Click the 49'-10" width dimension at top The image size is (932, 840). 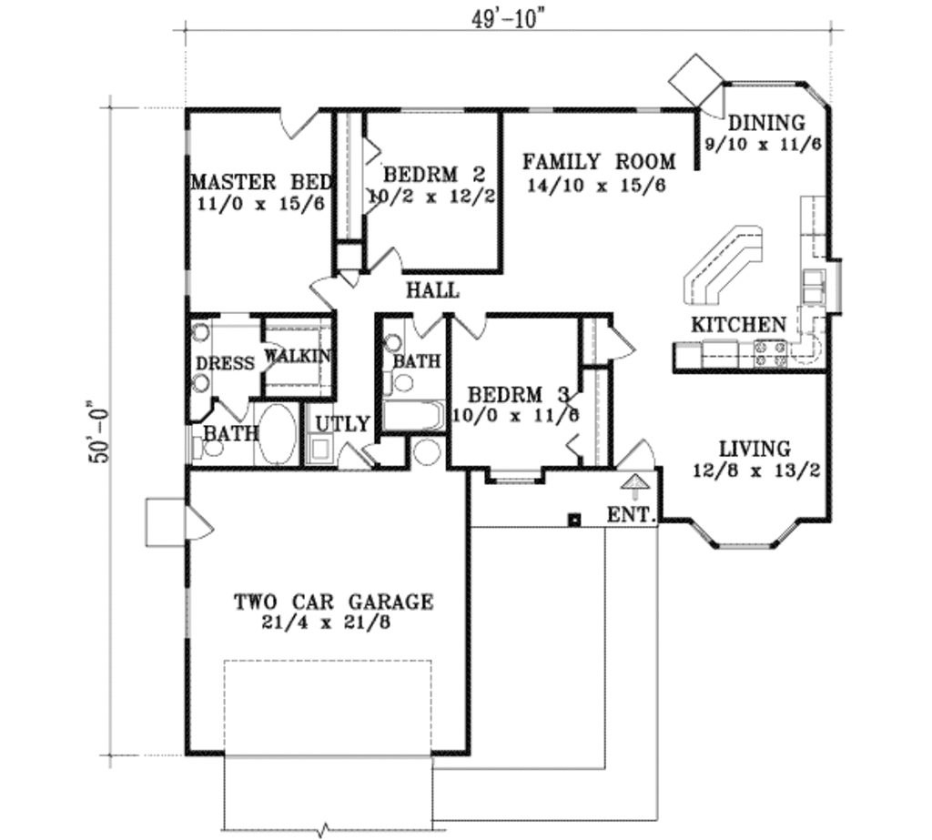(x=508, y=19)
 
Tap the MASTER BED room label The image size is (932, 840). (x=261, y=181)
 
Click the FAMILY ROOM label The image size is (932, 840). (x=599, y=161)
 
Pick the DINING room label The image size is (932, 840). (x=766, y=123)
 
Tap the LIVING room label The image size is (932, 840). (x=755, y=449)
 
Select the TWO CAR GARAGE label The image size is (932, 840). (x=333, y=602)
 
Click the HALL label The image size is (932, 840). (x=432, y=290)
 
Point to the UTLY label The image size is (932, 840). (x=342, y=424)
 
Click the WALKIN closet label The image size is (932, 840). (x=298, y=356)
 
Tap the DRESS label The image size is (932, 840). (x=226, y=363)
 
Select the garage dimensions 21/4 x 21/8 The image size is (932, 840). (x=326, y=622)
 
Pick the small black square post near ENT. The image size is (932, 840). (x=574, y=520)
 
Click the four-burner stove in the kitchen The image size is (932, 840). (x=770, y=352)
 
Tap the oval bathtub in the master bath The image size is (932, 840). (x=277, y=434)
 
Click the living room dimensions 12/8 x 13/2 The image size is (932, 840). (x=756, y=471)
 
